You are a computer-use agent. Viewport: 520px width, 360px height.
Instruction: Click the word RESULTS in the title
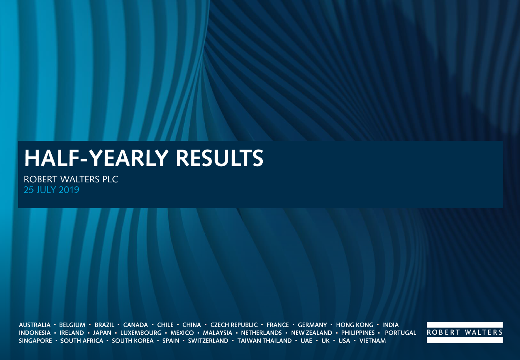pos(220,158)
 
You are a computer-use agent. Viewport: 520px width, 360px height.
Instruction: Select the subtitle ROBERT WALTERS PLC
pos(71,179)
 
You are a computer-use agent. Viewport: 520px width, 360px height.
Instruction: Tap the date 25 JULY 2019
pos(51,190)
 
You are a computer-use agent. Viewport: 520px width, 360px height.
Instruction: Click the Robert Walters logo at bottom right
pos(465,332)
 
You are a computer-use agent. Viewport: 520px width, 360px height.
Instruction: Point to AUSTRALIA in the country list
pos(35,325)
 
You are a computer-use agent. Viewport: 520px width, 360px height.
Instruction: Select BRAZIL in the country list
pos(104,325)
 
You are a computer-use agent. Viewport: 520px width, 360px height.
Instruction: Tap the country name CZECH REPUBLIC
pos(234,325)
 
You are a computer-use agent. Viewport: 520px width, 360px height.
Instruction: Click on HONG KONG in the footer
pos(355,325)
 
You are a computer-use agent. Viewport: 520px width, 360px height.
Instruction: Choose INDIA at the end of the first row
pos(391,325)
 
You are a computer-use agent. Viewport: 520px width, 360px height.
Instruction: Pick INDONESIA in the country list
pos(35,333)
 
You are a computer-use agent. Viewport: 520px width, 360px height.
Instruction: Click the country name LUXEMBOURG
pos(141,333)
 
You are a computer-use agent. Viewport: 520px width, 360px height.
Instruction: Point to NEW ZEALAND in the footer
pos(312,333)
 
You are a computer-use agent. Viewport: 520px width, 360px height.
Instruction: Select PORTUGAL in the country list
pos(400,333)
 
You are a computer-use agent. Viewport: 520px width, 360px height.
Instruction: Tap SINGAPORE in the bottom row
pos(35,341)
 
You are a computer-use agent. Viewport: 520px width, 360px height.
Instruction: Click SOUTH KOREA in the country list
pos(133,341)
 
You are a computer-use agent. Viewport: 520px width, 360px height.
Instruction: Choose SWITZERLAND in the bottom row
pos(208,341)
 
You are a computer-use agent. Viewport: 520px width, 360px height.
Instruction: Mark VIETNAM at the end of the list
pos(372,341)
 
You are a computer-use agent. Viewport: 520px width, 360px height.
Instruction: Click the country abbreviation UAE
pos(306,341)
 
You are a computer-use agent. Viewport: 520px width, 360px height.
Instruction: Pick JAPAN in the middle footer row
pos(102,333)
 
